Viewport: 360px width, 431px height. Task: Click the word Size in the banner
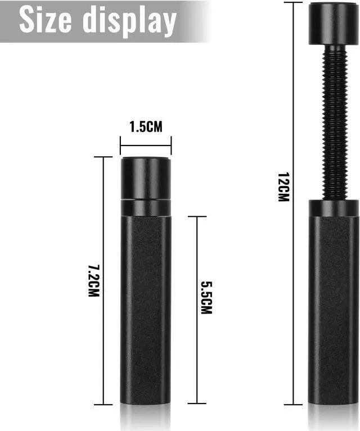coord(46,20)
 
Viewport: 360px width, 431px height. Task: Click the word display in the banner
coord(129,21)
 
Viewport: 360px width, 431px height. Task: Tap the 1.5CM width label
coord(146,127)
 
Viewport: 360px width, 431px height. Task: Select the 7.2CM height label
coord(93,280)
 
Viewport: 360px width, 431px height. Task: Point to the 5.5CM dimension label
coord(206,298)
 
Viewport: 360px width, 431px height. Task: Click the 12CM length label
coord(283,187)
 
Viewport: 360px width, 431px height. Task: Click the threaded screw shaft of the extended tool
coord(334,123)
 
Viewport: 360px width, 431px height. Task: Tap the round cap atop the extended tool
coord(333,24)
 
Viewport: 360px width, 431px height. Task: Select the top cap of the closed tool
coord(146,178)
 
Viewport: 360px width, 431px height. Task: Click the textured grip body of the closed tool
coord(146,310)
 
